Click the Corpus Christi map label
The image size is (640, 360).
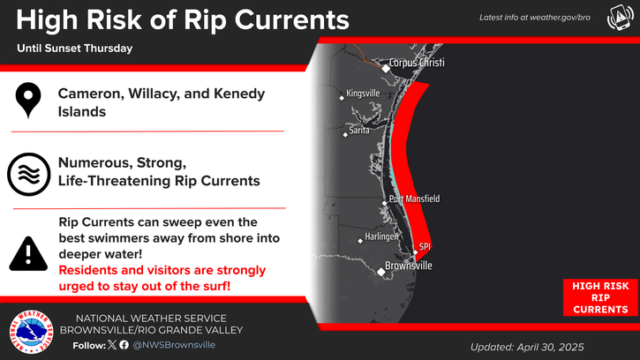pos(417,63)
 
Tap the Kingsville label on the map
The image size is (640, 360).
pos(363,94)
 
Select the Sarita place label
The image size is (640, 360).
pos(359,131)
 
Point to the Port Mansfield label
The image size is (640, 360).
pos(414,199)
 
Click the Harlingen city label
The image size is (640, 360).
pos(381,236)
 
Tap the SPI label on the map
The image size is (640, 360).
pos(425,246)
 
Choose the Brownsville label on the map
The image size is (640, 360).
pos(408,266)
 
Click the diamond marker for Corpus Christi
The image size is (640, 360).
pos(386,69)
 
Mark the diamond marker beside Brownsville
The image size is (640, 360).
pos(380,272)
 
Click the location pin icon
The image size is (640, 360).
pos(28,100)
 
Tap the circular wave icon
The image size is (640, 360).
pos(28,175)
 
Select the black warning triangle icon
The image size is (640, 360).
pos(28,254)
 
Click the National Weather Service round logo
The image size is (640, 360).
pos(32,332)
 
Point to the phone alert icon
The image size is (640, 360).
pos(620,18)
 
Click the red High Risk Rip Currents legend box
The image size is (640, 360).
pos(600,297)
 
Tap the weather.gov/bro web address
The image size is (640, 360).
pos(560,18)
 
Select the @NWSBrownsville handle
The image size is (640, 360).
pos(174,345)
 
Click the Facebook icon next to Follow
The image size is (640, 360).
pos(124,345)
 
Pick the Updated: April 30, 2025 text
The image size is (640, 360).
pos(527,348)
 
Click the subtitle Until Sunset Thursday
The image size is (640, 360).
pos(75,49)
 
